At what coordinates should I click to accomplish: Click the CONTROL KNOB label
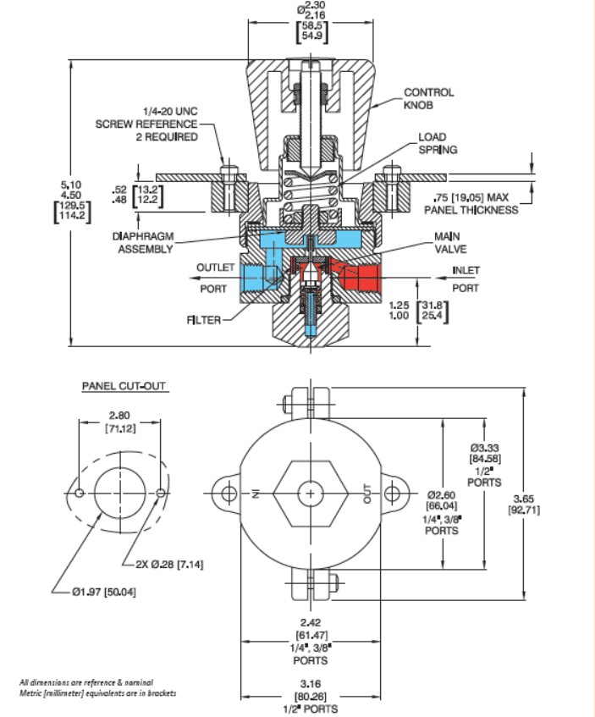coord(428,98)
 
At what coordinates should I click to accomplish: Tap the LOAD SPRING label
coord(438,143)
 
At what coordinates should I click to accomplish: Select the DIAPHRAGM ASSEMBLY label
coord(143,243)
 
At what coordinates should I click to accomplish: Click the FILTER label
coord(203,320)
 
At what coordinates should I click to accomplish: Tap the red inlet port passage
coord(361,277)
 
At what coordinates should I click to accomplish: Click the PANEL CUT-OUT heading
coord(124,386)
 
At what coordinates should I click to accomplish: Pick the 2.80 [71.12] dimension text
coord(119,422)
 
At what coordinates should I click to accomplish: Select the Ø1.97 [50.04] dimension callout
coord(104,592)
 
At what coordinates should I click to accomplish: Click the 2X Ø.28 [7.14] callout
coord(169,564)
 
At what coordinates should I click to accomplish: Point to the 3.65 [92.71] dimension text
coord(524,504)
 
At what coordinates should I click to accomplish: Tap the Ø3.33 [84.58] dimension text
coord(485,453)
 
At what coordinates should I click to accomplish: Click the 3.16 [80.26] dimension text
coord(311,690)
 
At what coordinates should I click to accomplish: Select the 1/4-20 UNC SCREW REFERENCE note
coord(146,124)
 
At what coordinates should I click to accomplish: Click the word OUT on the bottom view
coord(367,494)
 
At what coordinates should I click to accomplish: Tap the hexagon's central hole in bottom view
coord(311,494)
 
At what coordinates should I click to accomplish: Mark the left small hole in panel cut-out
coord(79,493)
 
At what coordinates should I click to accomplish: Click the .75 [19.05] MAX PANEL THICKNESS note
coord(471,204)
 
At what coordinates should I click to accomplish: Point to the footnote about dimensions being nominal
coord(97,687)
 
